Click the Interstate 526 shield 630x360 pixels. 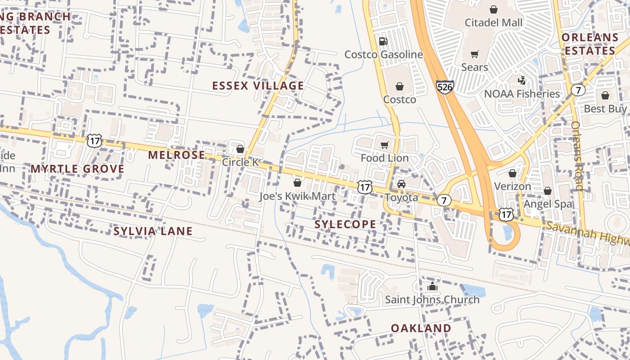tap(444, 87)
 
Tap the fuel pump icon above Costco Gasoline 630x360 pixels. tap(383, 41)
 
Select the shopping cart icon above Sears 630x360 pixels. tap(474, 54)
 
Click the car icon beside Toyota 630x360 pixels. tap(401, 184)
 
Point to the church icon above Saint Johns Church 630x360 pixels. tap(432, 286)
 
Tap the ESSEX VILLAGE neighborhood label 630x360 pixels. tap(258, 85)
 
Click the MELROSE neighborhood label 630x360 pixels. tap(176, 155)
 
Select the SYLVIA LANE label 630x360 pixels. tap(153, 231)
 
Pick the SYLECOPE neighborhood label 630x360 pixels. tap(345, 224)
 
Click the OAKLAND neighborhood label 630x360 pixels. tap(421, 328)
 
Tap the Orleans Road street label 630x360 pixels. tap(578, 156)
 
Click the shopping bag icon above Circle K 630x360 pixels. tap(240, 149)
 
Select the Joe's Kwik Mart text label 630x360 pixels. tap(297, 196)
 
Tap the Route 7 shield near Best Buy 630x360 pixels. tap(578, 90)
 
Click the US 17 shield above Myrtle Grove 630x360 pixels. tap(94, 140)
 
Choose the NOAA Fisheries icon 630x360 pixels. tap(522, 81)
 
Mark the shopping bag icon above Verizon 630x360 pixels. tap(512, 173)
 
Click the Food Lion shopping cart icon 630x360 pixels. tap(384, 145)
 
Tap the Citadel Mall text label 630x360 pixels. tap(494, 22)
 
